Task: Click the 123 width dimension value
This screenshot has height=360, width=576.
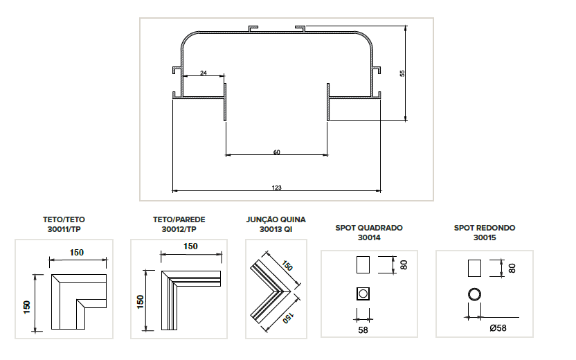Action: (x=277, y=186)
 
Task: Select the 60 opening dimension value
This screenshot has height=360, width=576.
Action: (x=277, y=152)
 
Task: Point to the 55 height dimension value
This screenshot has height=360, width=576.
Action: (x=402, y=73)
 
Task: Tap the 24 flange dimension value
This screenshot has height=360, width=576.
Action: (x=203, y=72)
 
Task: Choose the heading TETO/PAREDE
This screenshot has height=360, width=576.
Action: (x=179, y=219)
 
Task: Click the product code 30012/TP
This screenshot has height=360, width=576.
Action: (x=179, y=228)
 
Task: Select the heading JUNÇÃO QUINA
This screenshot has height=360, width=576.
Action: (x=276, y=219)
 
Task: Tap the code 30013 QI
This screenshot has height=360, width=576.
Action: (x=276, y=228)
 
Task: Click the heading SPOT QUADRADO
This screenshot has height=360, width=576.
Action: (x=369, y=227)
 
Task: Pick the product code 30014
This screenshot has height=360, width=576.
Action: (x=369, y=237)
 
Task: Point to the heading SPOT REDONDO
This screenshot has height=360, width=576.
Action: (x=485, y=227)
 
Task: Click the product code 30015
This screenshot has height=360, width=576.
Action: (x=485, y=237)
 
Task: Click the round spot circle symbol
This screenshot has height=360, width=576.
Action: (x=474, y=294)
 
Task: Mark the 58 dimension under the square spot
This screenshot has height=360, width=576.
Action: (x=363, y=330)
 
